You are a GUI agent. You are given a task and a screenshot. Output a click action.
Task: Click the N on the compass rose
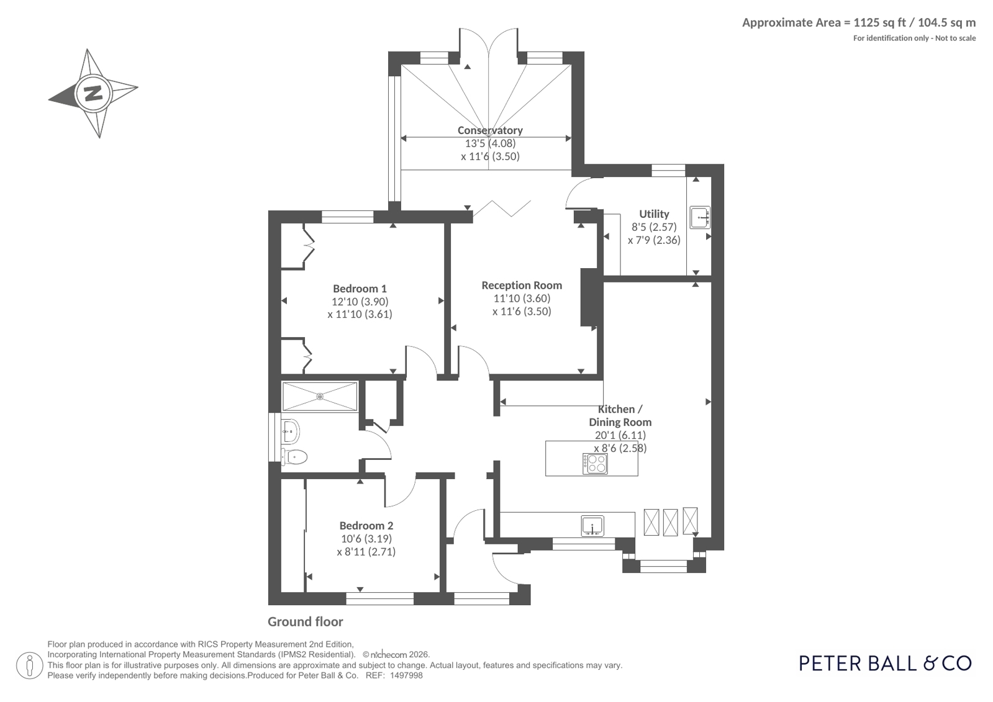coord(93,94)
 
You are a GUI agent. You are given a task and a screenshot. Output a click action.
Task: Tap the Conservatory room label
coord(490,130)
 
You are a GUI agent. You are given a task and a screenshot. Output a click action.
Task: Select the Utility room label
coord(654,214)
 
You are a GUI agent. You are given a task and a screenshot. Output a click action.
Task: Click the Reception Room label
coord(522,286)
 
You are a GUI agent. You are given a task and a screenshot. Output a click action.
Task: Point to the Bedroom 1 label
coord(360,289)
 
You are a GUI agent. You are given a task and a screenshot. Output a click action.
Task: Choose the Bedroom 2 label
coord(366,526)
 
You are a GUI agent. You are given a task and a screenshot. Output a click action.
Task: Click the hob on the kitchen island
coord(595,464)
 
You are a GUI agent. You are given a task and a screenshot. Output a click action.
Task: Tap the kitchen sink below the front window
coord(592,526)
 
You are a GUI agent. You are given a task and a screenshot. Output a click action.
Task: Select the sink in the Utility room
coord(700,218)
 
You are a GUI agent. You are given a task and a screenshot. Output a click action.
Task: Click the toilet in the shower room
coord(294,456)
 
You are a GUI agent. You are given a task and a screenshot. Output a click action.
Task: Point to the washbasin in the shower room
coord(291,431)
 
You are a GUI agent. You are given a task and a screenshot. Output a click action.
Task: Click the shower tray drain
coord(320,396)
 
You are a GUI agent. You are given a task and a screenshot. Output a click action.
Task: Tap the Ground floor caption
coord(306,622)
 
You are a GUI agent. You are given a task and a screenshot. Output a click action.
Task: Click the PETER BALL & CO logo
coord(886,664)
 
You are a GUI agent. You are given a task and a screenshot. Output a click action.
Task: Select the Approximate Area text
coord(859,22)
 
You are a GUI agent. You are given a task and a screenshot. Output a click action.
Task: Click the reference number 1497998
coord(406,676)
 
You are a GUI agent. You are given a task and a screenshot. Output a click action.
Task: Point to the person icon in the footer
coord(30,665)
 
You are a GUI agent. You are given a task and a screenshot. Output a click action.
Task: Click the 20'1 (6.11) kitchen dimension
coord(620,435)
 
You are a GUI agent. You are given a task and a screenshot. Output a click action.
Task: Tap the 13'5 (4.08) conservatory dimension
coord(491,143)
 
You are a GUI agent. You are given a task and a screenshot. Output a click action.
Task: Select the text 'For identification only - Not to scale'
coord(915,38)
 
